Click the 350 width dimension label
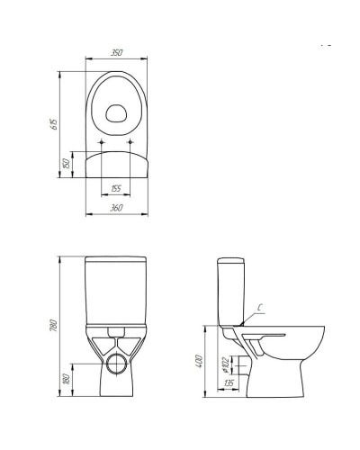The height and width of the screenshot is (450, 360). pos(117,53)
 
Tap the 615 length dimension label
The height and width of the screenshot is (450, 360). pos(54,124)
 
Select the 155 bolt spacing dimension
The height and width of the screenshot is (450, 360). pos(116,188)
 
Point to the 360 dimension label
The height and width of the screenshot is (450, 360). pos(116,208)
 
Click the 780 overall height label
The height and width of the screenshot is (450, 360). pos(54,326)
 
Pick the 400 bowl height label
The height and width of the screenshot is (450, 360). pos(199,362)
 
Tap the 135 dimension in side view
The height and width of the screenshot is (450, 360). pos(229,382)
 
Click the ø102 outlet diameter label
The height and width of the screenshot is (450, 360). pos(226,364)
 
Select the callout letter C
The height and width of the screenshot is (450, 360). pos(260,307)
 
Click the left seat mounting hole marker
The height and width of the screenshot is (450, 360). pos(102,142)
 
